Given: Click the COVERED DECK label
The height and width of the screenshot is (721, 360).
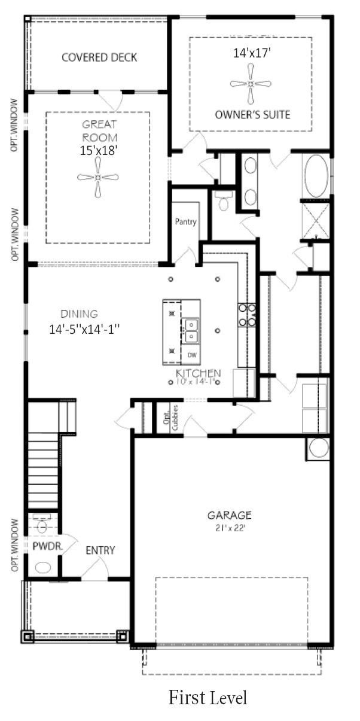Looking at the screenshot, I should [x=99, y=57].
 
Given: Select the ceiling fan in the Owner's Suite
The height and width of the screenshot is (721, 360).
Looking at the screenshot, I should [x=251, y=84].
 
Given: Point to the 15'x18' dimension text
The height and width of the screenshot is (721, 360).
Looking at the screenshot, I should [x=98, y=151].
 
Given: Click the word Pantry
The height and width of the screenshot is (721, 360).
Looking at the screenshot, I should [x=185, y=221].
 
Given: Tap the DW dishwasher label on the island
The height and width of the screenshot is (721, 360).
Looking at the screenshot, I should [x=192, y=355].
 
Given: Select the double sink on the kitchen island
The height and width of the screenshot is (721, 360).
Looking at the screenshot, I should [x=191, y=330].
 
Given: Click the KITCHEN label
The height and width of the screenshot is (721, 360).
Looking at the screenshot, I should [x=198, y=373].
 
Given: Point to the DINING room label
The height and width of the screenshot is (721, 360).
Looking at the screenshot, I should [x=79, y=314].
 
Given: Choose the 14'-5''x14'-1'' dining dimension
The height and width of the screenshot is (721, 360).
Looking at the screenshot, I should [x=86, y=328].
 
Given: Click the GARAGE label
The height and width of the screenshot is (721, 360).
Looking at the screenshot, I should [x=230, y=515].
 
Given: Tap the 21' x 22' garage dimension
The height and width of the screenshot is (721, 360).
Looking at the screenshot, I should [x=230, y=527].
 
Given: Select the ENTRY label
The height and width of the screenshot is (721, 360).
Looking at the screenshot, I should [x=100, y=550].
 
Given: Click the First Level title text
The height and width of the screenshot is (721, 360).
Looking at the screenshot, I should [x=207, y=697].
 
